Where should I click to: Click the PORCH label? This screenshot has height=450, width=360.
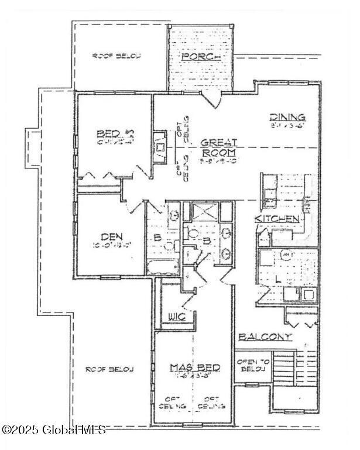coord(201,56)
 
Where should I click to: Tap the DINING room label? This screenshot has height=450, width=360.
coord(287,116)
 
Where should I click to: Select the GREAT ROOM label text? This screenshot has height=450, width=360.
coord(219,147)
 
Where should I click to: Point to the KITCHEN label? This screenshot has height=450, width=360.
coord(277,218)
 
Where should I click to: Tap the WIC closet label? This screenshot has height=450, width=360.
coord(177,317)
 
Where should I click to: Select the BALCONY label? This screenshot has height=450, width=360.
coord(265,336)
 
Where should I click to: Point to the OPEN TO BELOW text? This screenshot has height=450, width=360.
coord(252,366)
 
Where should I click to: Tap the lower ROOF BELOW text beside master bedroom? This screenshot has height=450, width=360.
coord(109,369)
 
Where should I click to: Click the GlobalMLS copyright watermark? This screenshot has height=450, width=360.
coord(54,430)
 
